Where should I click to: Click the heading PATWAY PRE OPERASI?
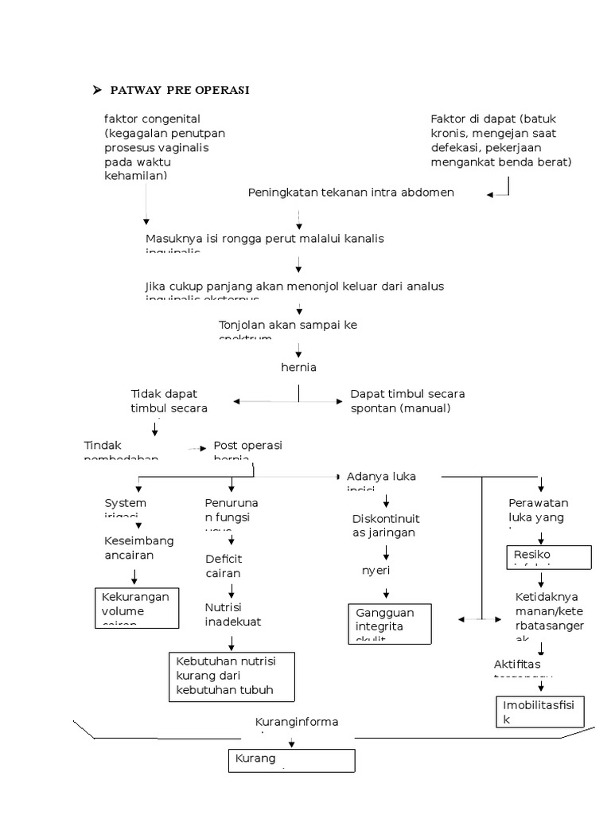coord(180,90)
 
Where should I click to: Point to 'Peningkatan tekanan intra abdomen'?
coord(351,193)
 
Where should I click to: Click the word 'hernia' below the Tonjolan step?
coord(298,367)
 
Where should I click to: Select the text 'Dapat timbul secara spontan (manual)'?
coord(407,401)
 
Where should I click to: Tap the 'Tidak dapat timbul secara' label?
coord(169,401)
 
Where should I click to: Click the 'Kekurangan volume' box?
coord(136,607)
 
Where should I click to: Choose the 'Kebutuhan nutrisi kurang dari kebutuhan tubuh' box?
coord(232,677)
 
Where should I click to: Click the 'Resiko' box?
coord(549,557)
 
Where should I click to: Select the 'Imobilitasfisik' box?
coord(540,712)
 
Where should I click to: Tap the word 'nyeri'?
coord(377,571)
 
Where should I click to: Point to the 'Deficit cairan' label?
coord(224,566)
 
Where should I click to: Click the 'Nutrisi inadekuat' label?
coord(232,614)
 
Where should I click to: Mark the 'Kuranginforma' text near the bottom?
coord(296,722)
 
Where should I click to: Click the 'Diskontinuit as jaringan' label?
coord(383,526)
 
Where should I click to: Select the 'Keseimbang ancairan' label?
coord(138,548)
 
